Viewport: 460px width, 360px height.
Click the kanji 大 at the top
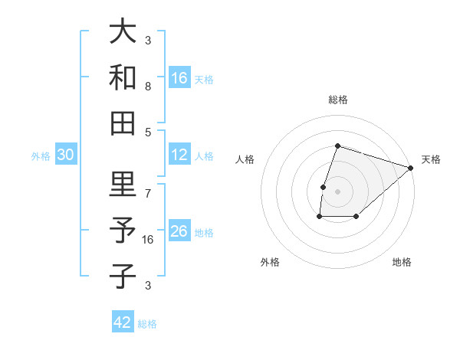(x=123, y=33)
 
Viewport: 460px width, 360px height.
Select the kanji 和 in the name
(x=123, y=77)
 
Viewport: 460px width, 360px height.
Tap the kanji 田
(x=123, y=122)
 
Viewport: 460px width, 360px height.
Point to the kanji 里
(x=123, y=185)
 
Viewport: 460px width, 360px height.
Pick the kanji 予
(x=123, y=230)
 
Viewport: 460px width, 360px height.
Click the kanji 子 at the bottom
(x=123, y=275)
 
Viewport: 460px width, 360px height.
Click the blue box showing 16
(x=179, y=77)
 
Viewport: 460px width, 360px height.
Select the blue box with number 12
(x=179, y=155)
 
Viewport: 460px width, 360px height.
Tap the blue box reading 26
(x=179, y=231)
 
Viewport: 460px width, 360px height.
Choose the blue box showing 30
(x=66, y=155)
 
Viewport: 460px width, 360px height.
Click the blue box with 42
(x=123, y=322)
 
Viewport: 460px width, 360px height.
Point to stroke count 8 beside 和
(x=147, y=87)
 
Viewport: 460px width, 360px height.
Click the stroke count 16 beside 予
(x=149, y=239)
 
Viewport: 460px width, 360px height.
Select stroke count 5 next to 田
(x=147, y=132)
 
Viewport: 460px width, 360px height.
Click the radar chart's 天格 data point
(x=412, y=169)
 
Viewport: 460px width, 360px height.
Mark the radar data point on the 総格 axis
(x=337, y=146)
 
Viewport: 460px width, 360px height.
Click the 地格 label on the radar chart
(x=402, y=263)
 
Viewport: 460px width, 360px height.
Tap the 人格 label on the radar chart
(x=245, y=159)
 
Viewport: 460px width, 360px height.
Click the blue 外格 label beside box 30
(x=40, y=156)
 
